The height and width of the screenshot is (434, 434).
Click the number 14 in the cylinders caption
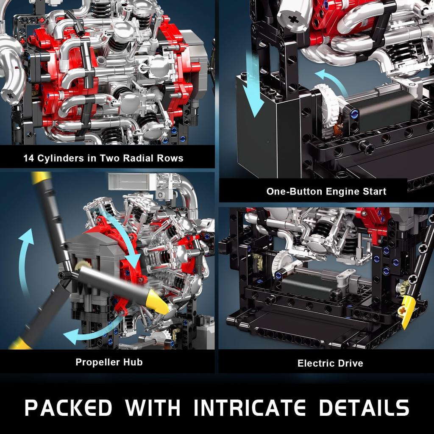click(28, 159)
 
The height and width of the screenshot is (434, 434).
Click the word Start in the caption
click(373, 191)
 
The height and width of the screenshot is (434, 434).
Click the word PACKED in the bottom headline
click(68, 408)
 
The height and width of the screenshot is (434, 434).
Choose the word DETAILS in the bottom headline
click(364, 408)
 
